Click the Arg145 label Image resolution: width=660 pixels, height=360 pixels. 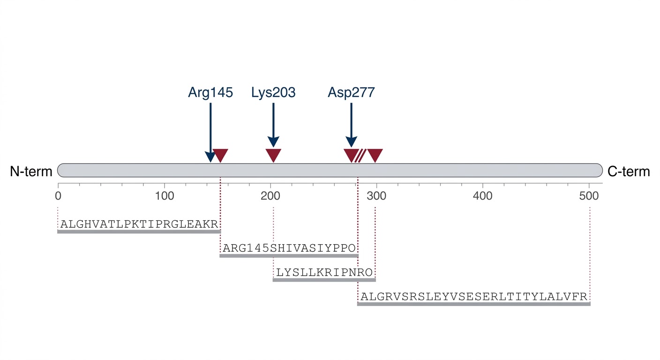210,92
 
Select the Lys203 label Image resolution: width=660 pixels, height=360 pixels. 273,92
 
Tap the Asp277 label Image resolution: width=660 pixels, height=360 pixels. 351,92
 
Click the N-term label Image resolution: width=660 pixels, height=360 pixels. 31,172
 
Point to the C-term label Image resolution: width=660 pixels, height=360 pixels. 629,172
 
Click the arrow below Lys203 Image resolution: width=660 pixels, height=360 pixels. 273,124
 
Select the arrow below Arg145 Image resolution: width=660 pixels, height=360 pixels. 210,131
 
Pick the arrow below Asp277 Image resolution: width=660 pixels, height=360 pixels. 351,124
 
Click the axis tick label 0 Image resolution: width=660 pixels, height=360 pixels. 58,195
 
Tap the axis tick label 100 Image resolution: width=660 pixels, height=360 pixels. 164,195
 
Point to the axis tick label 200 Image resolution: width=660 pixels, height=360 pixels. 270,195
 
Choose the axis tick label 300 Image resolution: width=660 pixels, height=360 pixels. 376,195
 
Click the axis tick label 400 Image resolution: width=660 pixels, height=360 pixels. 483,195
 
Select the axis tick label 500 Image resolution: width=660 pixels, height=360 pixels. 589,195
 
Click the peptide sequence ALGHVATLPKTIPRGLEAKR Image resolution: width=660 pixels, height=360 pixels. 139,224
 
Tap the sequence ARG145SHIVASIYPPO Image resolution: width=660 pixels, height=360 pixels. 289,247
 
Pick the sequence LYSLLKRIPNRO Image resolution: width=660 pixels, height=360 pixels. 324,272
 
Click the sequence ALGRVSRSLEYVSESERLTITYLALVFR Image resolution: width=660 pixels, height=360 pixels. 473,296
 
